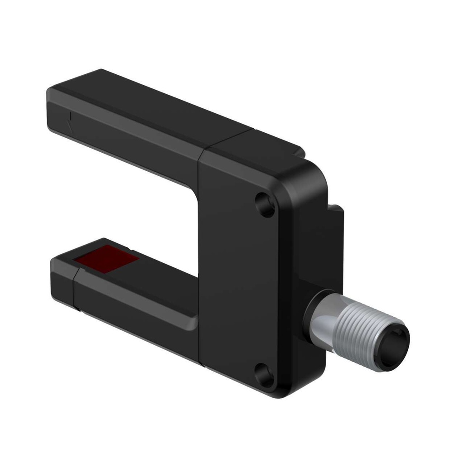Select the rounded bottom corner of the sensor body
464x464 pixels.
(285, 390)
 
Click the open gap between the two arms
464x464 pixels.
(136, 204)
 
